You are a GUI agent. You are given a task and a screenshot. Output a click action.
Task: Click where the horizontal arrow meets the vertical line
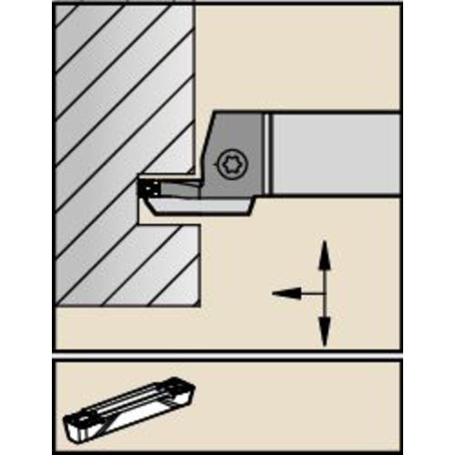[x=322, y=293]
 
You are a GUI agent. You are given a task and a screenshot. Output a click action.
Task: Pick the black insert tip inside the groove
[x=147, y=187]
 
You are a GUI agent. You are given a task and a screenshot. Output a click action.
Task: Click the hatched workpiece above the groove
[x=109, y=91]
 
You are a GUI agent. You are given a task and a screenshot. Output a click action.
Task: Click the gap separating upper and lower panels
[x=227, y=355]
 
